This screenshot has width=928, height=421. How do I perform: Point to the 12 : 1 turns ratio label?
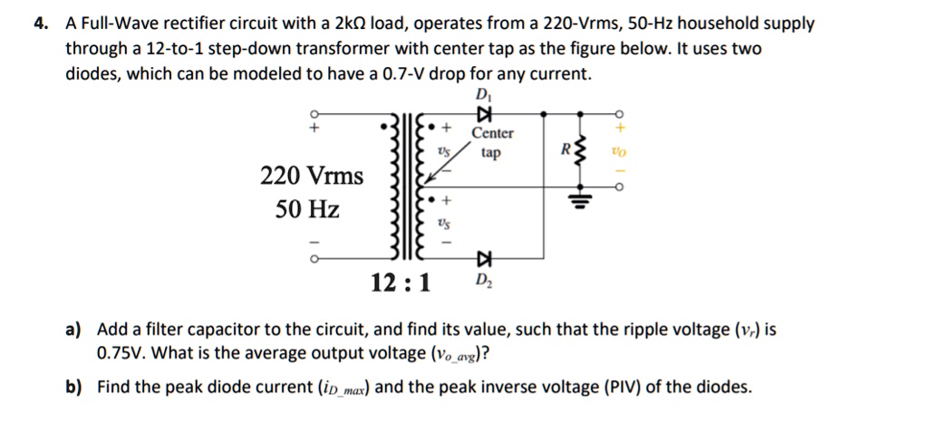tap(401, 285)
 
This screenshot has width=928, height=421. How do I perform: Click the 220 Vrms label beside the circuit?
tap(311, 175)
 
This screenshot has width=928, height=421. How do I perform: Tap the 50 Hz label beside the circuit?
tap(307, 210)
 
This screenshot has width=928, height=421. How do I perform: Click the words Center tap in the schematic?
tap(492, 143)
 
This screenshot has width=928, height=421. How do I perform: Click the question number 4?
tap(39, 24)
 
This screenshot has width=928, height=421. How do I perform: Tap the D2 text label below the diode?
tap(481, 285)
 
